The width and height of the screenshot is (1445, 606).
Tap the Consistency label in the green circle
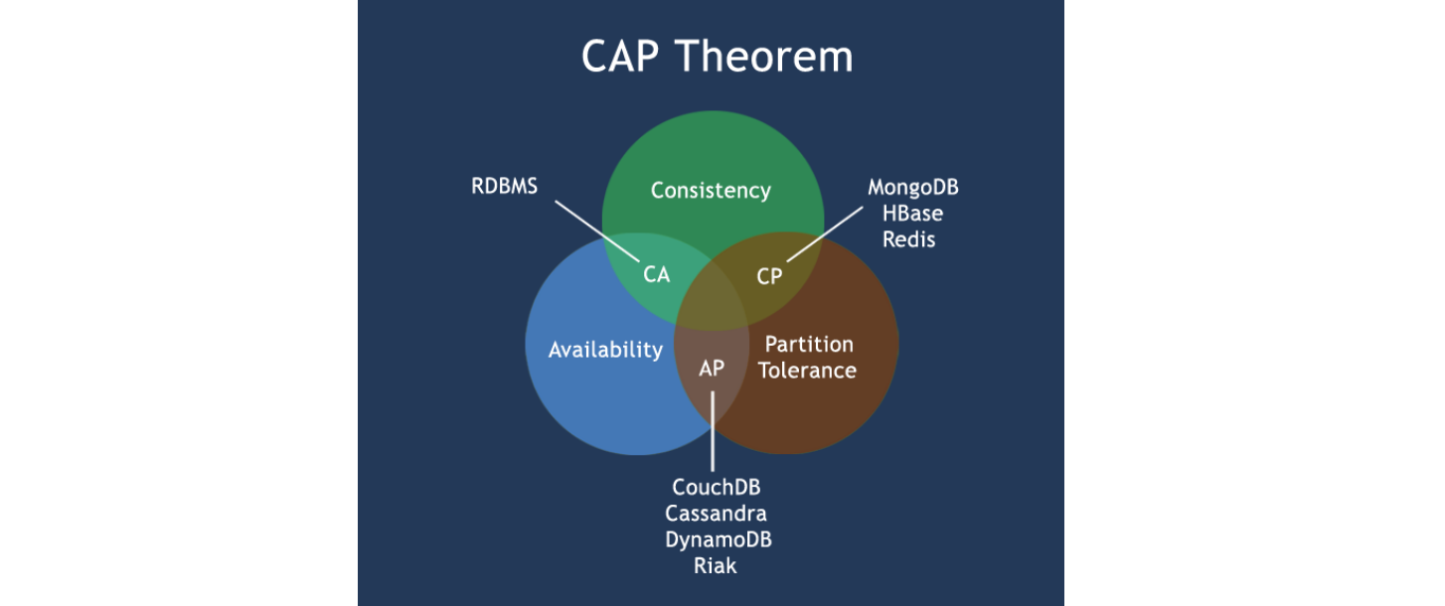coord(711,190)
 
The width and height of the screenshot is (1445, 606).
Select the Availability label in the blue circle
coord(605,350)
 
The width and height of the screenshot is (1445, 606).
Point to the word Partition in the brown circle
coord(808,344)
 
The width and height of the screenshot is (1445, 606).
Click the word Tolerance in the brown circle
coord(808,371)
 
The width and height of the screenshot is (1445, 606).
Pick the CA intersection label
coord(657,275)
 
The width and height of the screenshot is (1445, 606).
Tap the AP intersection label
coord(712,368)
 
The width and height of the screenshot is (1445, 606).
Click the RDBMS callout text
coord(504,186)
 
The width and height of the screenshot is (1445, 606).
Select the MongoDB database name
coord(913,188)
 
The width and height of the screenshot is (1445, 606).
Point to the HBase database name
coord(913,214)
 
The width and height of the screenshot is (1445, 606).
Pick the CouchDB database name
coord(717,488)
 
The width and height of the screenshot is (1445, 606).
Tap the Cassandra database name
coord(717,514)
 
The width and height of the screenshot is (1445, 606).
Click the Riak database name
coord(716,566)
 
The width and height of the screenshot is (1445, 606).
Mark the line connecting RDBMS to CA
coord(596,231)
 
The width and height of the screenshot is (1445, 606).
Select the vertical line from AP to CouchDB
coord(713,432)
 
